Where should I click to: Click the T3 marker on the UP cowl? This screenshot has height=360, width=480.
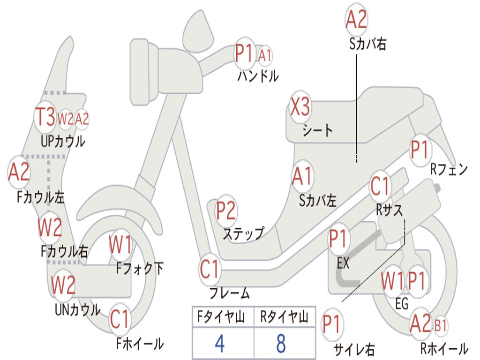pos(45,117)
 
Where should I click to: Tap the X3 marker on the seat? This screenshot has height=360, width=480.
pos(300,107)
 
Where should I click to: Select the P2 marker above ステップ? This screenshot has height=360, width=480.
pos(226,210)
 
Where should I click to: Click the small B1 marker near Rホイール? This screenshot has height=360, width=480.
pos(440,326)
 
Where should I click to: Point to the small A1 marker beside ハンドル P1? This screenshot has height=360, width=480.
pos(265,56)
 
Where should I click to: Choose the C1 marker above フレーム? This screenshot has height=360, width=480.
pos(210,269)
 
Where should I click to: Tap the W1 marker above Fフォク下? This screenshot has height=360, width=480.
pos(120,244)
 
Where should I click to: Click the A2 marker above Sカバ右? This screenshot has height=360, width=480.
pos(356,19)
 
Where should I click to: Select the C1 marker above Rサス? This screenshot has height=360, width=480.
pos(380,186)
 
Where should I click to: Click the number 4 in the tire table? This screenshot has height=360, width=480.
pos(220,343)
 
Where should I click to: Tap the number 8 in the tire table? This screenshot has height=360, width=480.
pos(281,343)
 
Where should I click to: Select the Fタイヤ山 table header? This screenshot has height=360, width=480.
pos(221,316)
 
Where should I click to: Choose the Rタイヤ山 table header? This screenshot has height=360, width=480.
pos(284,316)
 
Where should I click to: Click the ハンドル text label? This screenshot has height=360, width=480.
pos(258,75)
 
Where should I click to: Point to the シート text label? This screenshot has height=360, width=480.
pos(317,130)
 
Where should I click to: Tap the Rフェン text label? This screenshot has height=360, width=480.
pos(449,169)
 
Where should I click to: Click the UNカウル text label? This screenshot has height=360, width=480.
pos(78,309)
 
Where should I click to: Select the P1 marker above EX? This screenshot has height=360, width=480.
pos(338,239)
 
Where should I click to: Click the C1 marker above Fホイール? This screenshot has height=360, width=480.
pos(120,319)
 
